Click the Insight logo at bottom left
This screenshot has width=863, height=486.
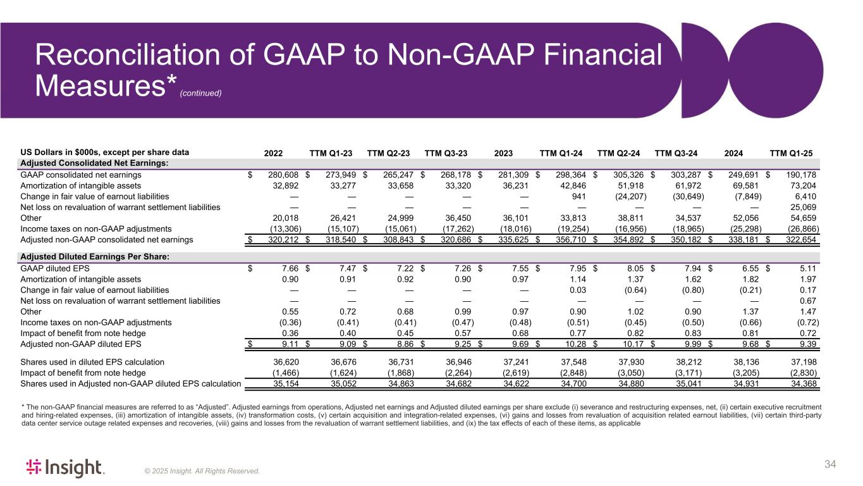[x=64, y=468]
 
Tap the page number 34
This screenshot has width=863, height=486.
[x=831, y=465]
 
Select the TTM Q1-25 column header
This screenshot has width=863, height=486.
[x=791, y=152]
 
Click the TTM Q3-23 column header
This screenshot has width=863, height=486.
[x=446, y=152]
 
